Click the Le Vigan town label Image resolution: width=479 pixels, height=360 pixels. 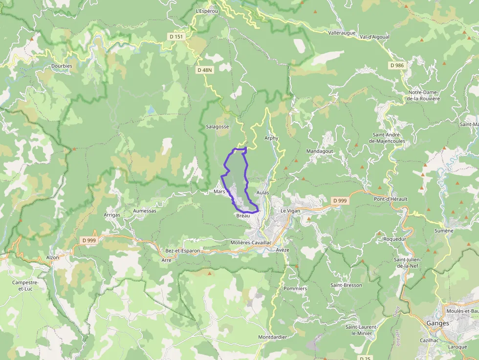[x=289, y=211]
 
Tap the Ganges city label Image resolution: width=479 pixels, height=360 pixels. [x=437, y=323]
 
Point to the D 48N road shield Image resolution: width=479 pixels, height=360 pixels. [x=205, y=70]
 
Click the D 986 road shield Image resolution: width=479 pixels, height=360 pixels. [x=397, y=65]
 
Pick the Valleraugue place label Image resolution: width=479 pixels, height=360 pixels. [x=341, y=33]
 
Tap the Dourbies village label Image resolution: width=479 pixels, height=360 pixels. [x=62, y=66]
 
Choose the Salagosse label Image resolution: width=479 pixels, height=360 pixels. [x=218, y=127]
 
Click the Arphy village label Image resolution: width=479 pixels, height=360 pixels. [x=271, y=138]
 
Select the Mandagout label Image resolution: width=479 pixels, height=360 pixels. [x=320, y=151]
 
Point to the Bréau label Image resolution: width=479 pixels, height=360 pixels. [x=243, y=215]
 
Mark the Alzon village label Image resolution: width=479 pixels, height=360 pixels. [x=52, y=257]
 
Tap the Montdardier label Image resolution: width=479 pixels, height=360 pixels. [x=273, y=337]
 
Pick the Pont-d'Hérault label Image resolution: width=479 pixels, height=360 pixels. [x=391, y=199]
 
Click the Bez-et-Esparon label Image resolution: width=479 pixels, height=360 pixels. [x=183, y=251]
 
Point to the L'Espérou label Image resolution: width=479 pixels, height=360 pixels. [x=205, y=11]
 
